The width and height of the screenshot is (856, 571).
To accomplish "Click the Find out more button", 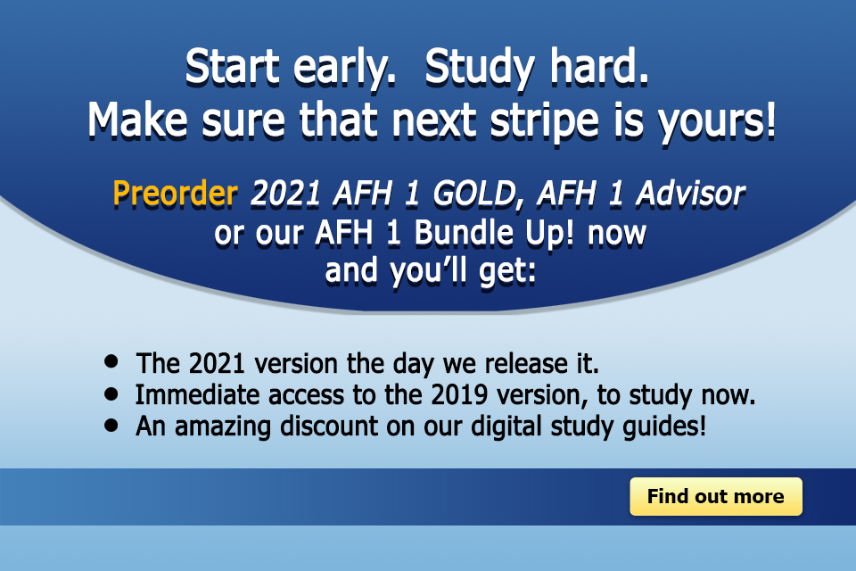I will [x=715, y=497].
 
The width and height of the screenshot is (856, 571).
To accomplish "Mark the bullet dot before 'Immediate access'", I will [x=111, y=393].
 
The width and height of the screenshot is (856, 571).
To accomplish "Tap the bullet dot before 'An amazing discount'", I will [x=111, y=424].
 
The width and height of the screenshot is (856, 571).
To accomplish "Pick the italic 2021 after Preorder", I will [x=282, y=194].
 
